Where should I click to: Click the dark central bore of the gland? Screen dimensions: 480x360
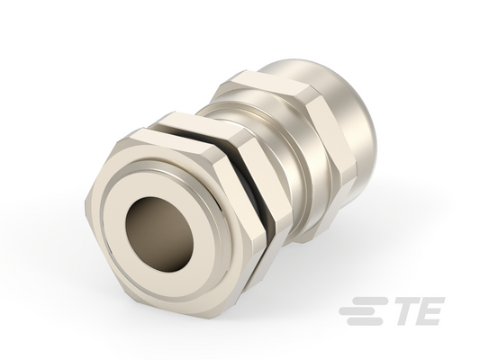[x=159, y=234]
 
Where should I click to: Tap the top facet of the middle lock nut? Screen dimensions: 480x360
[x=199, y=128]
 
